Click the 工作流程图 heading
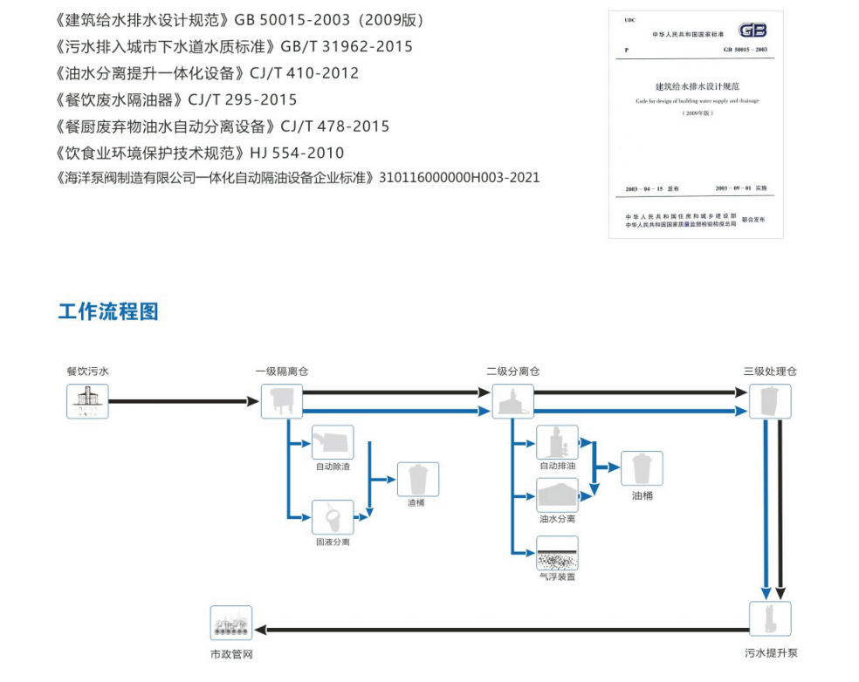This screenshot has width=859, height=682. point(108,311)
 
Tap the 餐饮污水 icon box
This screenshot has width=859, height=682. point(87,401)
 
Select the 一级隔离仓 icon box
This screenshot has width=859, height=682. point(281,401)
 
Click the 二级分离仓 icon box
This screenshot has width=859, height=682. point(512,401)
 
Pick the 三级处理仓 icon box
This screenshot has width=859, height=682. point(770,401)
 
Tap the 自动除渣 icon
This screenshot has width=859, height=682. point(333,442)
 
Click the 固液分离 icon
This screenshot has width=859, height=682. point(333,517)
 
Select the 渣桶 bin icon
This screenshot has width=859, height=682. point(417,479)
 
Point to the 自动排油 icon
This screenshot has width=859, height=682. point(557,442)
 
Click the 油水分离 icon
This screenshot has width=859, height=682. point(557,494)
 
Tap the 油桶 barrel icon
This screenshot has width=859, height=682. point(642,468)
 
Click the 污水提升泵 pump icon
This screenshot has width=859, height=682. point(770,618)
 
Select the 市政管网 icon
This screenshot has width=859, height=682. point(230,623)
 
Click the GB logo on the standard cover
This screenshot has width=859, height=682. point(752,30)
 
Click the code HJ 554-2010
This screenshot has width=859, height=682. point(297,153)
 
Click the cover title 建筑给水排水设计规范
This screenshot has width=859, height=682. point(697,87)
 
